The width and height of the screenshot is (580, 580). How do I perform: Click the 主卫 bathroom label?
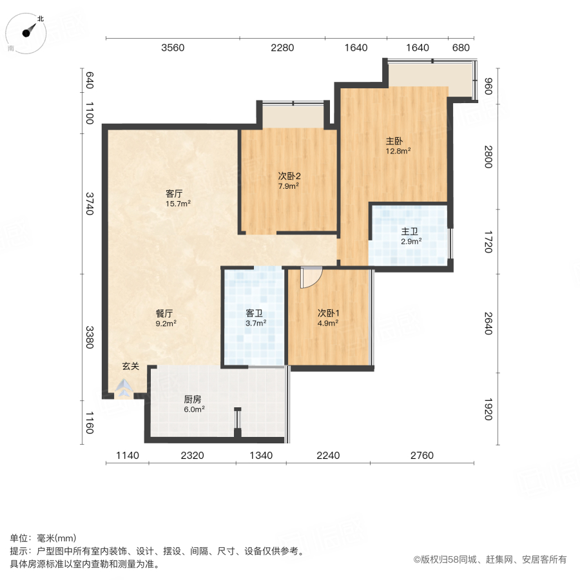[411, 231]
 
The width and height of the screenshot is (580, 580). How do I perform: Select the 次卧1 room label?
[328, 313]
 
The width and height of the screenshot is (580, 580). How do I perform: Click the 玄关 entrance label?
[131, 366]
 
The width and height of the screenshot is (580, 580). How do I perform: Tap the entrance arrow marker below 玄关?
[124, 387]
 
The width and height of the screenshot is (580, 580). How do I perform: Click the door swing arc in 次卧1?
[311, 277]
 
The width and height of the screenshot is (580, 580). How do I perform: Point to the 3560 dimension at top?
[173, 48]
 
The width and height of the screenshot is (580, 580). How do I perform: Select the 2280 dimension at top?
[282, 48]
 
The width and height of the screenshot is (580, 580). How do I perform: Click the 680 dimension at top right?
[461, 48]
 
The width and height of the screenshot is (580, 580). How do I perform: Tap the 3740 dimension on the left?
[90, 204]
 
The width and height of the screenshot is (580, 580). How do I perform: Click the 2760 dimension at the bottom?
[422, 456]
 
